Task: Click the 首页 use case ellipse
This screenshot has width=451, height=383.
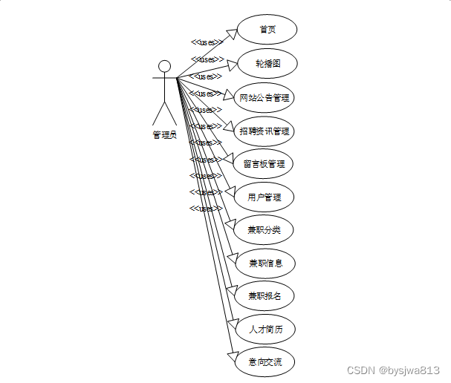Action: point(267,30)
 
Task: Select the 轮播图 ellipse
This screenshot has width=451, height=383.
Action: point(267,63)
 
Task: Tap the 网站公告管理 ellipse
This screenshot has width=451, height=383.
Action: point(264,97)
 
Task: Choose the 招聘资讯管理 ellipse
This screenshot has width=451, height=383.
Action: point(264,131)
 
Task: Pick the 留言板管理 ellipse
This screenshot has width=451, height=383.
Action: point(264,164)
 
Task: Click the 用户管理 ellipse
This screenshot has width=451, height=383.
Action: point(264,197)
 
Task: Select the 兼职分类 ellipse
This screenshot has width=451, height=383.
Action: point(264,230)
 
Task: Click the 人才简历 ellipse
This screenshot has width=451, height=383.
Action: point(265,330)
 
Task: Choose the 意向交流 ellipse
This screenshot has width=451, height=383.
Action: point(264,363)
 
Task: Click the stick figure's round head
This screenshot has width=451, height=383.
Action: point(164,66)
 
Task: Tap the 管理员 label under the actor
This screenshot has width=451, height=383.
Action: point(164,135)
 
